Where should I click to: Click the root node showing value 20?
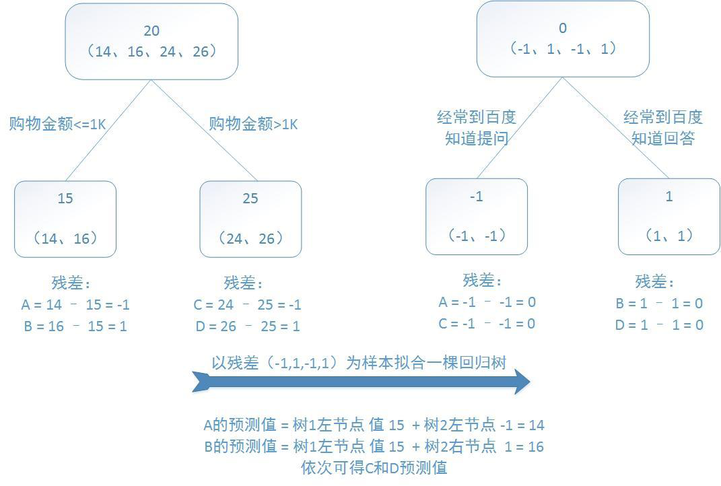(151, 41)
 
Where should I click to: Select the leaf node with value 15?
(65, 219)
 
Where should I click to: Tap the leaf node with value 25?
(250, 219)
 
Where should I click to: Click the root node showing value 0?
(563, 38)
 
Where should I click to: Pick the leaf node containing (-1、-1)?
(477, 216)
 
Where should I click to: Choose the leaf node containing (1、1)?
(669, 216)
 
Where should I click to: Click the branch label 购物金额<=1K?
(57, 125)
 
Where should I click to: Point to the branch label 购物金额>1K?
(253, 125)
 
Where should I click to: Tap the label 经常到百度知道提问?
(477, 128)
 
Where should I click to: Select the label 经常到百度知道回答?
(663, 128)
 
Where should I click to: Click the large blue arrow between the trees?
(361, 382)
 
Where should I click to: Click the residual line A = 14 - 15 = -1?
(75, 305)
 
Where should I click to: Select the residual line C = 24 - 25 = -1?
(247, 305)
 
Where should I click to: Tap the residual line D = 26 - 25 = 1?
(246, 326)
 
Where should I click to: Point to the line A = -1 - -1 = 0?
(487, 302)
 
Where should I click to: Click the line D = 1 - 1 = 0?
(659, 325)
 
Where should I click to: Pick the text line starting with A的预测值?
(374, 425)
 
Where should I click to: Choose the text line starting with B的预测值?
(374, 447)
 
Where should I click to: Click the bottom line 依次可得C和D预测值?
(374, 468)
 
